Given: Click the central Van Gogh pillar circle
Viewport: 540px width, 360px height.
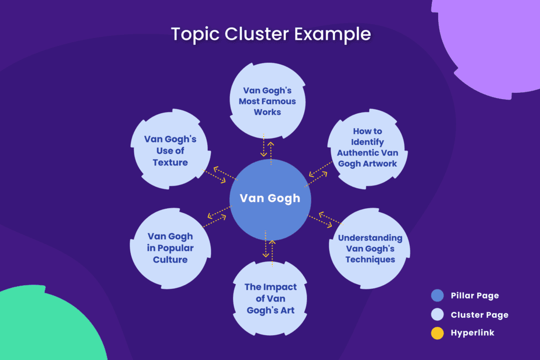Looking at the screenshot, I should (270, 198).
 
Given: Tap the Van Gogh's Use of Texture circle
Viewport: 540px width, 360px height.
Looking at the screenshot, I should (170, 151).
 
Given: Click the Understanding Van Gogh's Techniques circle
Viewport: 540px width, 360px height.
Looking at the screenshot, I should (370, 248).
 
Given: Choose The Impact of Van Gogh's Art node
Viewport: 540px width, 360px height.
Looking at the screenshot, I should (271, 298).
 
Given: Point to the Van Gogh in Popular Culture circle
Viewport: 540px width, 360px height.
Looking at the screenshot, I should (170, 248).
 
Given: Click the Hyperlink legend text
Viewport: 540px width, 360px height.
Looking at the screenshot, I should (472, 333).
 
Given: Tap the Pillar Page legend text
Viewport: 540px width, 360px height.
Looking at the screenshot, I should (475, 296).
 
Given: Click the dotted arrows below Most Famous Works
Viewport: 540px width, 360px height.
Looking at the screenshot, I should (267, 146).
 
